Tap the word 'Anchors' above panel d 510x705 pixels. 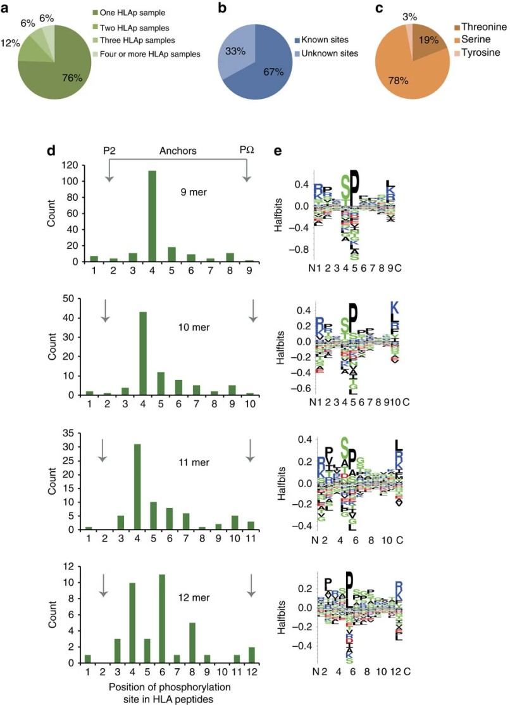click(x=177, y=152)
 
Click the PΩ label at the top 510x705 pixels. click(x=246, y=152)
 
